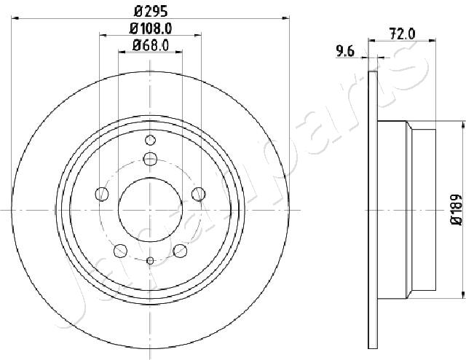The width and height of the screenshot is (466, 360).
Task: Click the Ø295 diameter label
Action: coord(151,12)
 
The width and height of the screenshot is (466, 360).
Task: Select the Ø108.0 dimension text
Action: coord(151,28)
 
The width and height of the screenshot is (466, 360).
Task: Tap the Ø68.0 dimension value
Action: coord(151,45)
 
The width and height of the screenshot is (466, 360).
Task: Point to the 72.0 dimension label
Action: coord(402,34)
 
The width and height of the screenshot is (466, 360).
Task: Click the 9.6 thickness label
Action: coord(345,51)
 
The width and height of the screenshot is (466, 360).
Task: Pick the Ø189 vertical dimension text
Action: coord(457,210)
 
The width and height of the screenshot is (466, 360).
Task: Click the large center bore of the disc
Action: coord(150,210)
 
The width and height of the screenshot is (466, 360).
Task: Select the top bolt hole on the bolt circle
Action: coord(150,159)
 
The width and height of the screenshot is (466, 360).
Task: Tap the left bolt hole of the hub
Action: coord(102,195)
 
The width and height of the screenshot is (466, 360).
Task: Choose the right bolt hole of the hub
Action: coord(199,195)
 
